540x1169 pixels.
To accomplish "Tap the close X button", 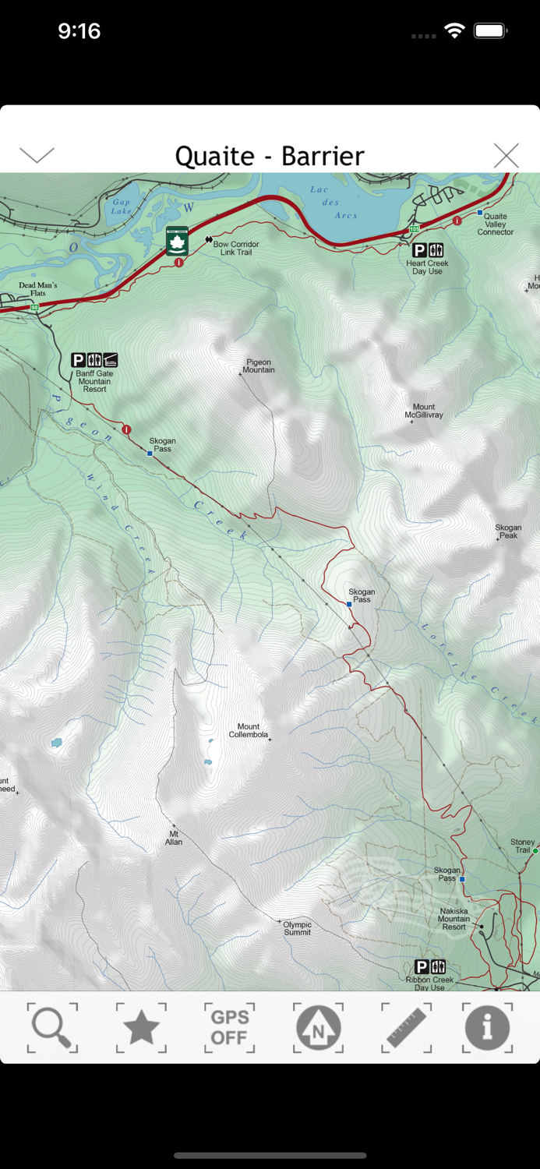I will pyautogui.click(x=506, y=156).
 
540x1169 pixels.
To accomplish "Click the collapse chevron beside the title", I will pyautogui.click(x=37, y=155).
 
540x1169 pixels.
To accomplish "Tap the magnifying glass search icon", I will pyautogui.click(x=52, y=1028).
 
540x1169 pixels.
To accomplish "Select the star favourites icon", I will pyautogui.click(x=141, y=1028).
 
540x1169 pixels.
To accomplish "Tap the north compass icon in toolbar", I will pyautogui.click(x=318, y=1028).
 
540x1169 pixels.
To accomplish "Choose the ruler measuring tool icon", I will pyautogui.click(x=406, y=1028).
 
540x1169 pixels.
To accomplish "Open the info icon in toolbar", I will pyautogui.click(x=487, y=1028).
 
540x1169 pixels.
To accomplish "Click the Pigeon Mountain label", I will pyautogui.click(x=259, y=366).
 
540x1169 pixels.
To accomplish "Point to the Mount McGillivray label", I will pyautogui.click(x=424, y=411).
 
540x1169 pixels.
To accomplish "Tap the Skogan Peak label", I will pyautogui.click(x=508, y=532).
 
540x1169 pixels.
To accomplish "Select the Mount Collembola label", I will pyautogui.click(x=249, y=730).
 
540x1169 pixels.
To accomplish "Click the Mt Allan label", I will pyautogui.click(x=174, y=838).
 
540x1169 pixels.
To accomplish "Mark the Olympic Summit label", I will pyautogui.click(x=297, y=928).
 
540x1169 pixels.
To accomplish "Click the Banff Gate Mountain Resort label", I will pyautogui.click(x=94, y=381).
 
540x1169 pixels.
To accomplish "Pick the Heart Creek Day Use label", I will pyautogui.click(x=427, y=267).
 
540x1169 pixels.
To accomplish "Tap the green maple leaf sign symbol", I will pyautogui.click(x=177, y=242).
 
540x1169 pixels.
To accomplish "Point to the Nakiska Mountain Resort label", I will pyautogui.click(x=454, y=919).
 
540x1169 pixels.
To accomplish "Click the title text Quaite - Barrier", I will pyautogui.click(x=270, y=156).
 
